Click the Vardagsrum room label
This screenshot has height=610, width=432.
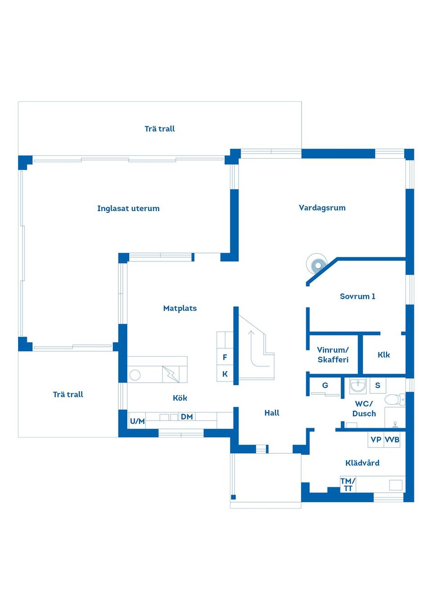click(x=322, y=208)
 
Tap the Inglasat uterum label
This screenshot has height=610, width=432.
click(x=128, y=208)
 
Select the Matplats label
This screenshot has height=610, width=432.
click(x=180, y=308)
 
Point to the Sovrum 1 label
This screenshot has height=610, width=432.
click(x=357, y=296)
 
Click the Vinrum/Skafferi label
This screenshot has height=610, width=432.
click(x=333, y=355)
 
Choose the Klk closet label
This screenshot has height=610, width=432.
click(x=383, y=355)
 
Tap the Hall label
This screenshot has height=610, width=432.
click(x=272, y=413)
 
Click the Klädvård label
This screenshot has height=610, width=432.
click(x=362, y=463)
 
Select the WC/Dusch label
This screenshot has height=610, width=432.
click(x=364, y=409)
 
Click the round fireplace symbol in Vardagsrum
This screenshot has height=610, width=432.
click(x=318, y=265)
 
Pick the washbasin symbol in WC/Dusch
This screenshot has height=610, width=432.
click(x=358, y=385)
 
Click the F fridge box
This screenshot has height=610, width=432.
click(x=225, y=358)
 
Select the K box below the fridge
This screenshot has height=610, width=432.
click(x=225, y=374)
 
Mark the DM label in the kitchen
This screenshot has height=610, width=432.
click(x=187, y=417)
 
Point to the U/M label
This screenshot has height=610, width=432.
click(x=137, y=421)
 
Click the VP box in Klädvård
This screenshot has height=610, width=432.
click(x=376, y=440)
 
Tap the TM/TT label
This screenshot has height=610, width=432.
click(x=348, y=485)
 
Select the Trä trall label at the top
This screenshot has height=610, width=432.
click(x=159, y=129)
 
